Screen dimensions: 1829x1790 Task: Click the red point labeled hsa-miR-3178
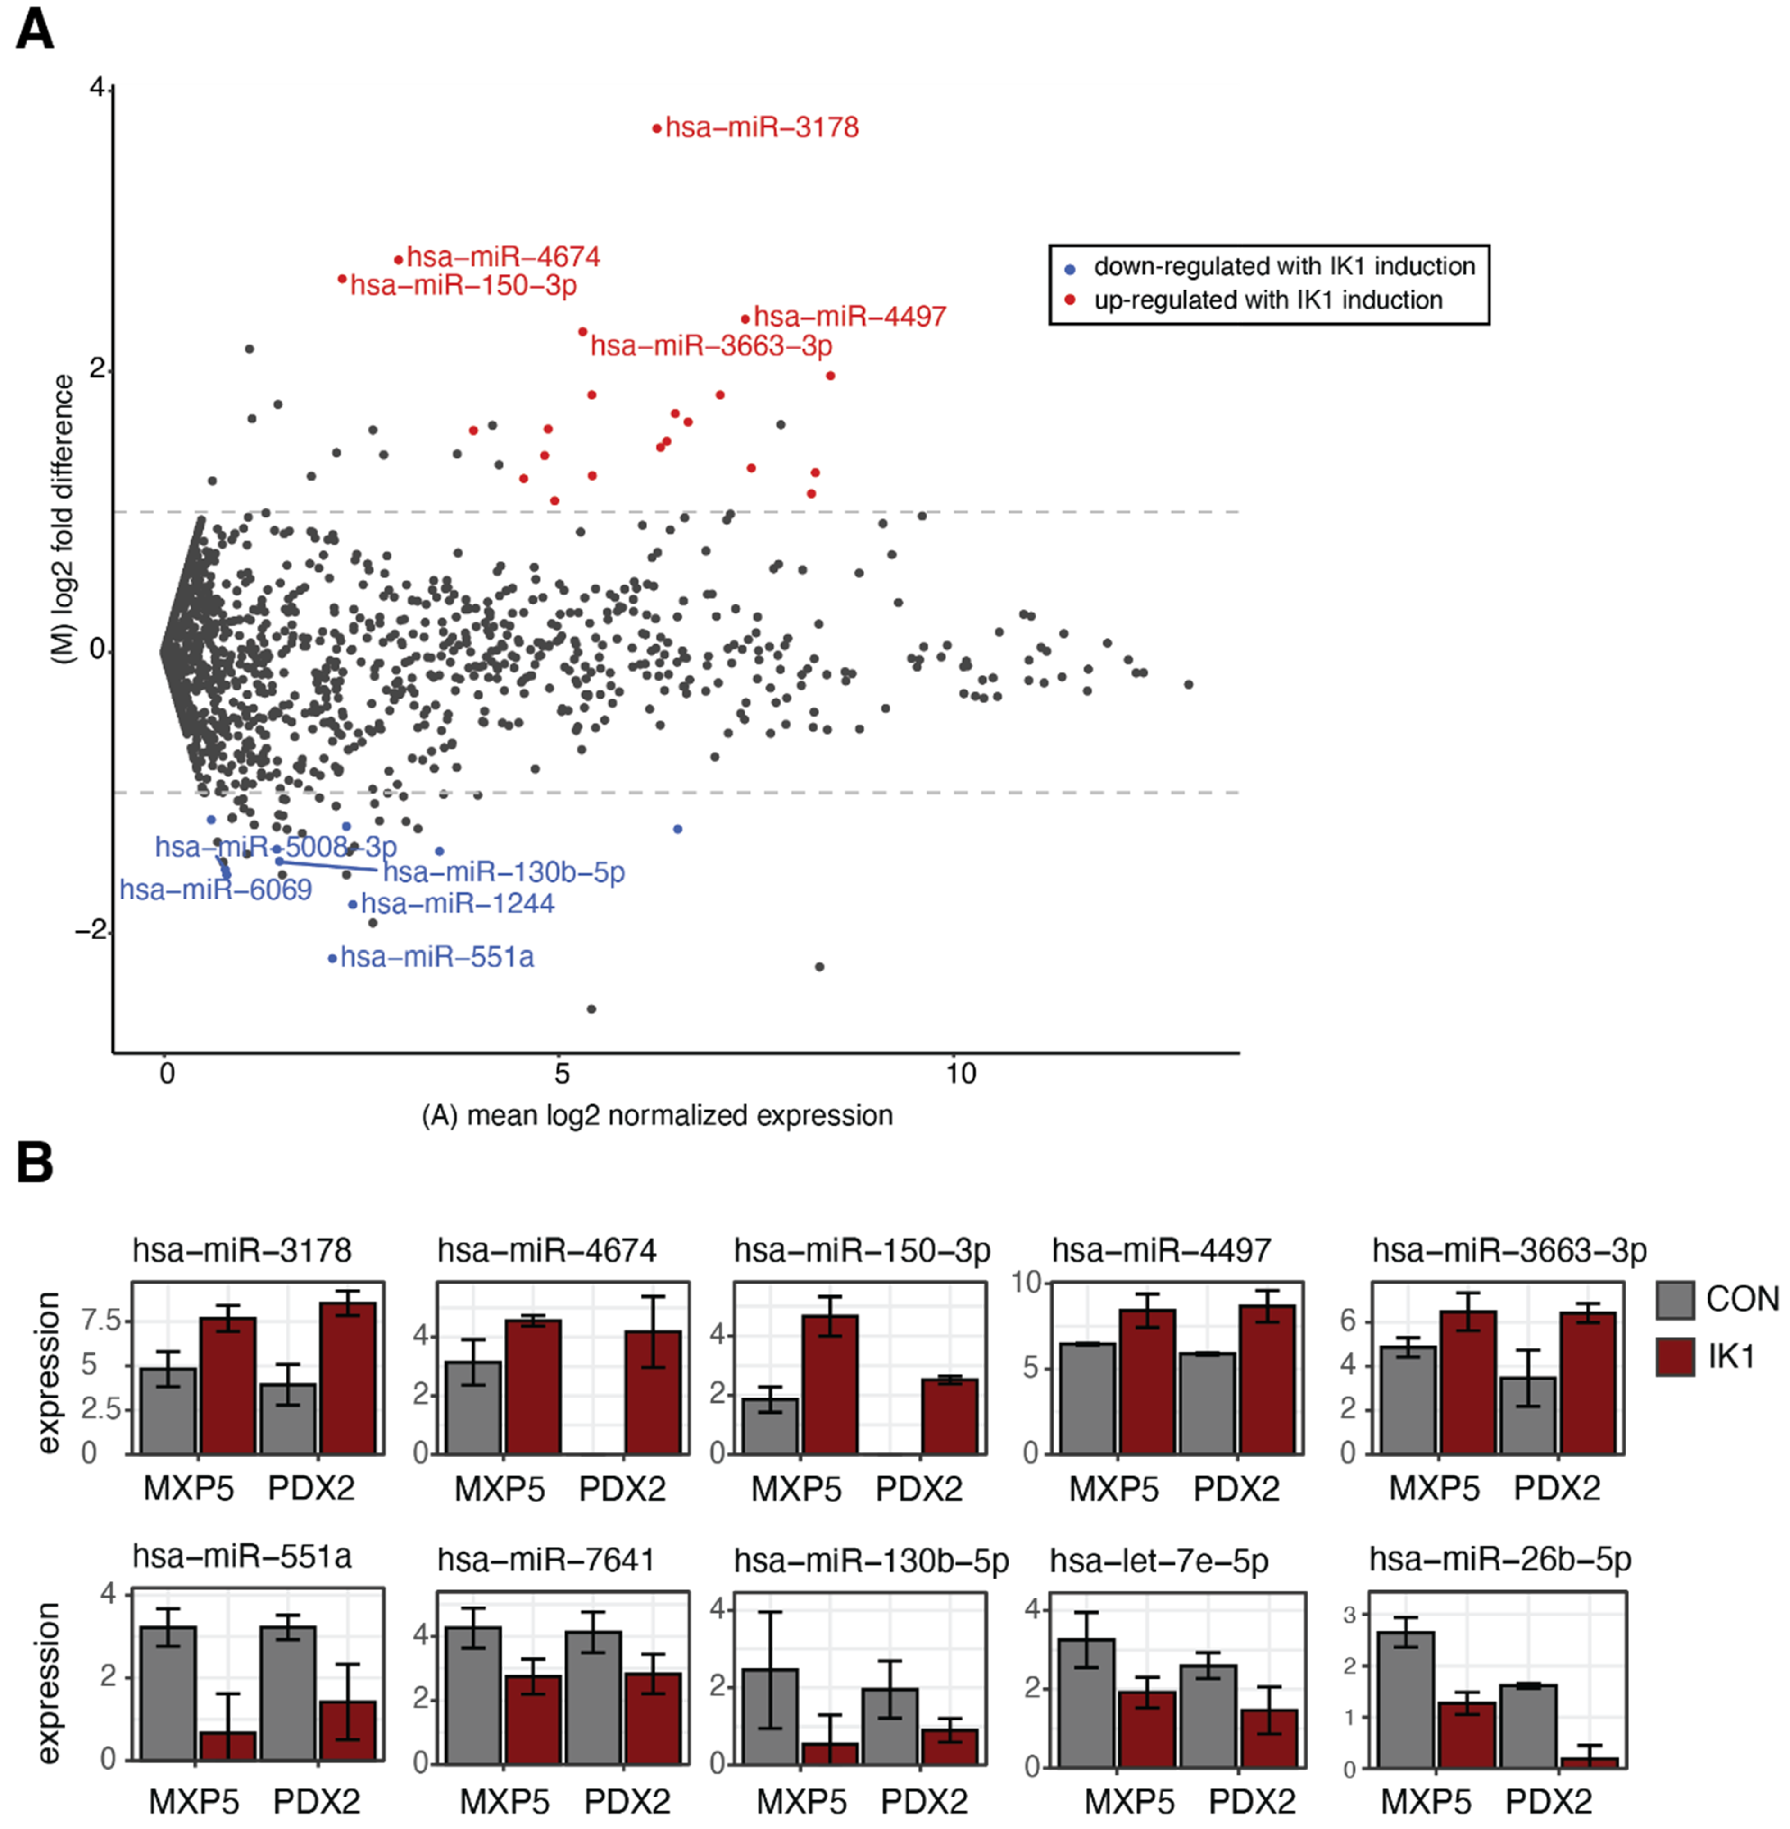657,128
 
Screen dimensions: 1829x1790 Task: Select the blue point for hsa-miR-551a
332,958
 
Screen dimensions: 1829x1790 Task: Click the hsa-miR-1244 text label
458,904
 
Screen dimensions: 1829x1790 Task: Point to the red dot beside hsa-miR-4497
745,318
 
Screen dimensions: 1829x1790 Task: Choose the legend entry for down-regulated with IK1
1283,267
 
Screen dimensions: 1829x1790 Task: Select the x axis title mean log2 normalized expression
657,1116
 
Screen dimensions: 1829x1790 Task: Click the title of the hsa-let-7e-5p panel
1159,1560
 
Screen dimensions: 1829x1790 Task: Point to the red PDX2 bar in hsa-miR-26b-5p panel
1589,1762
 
